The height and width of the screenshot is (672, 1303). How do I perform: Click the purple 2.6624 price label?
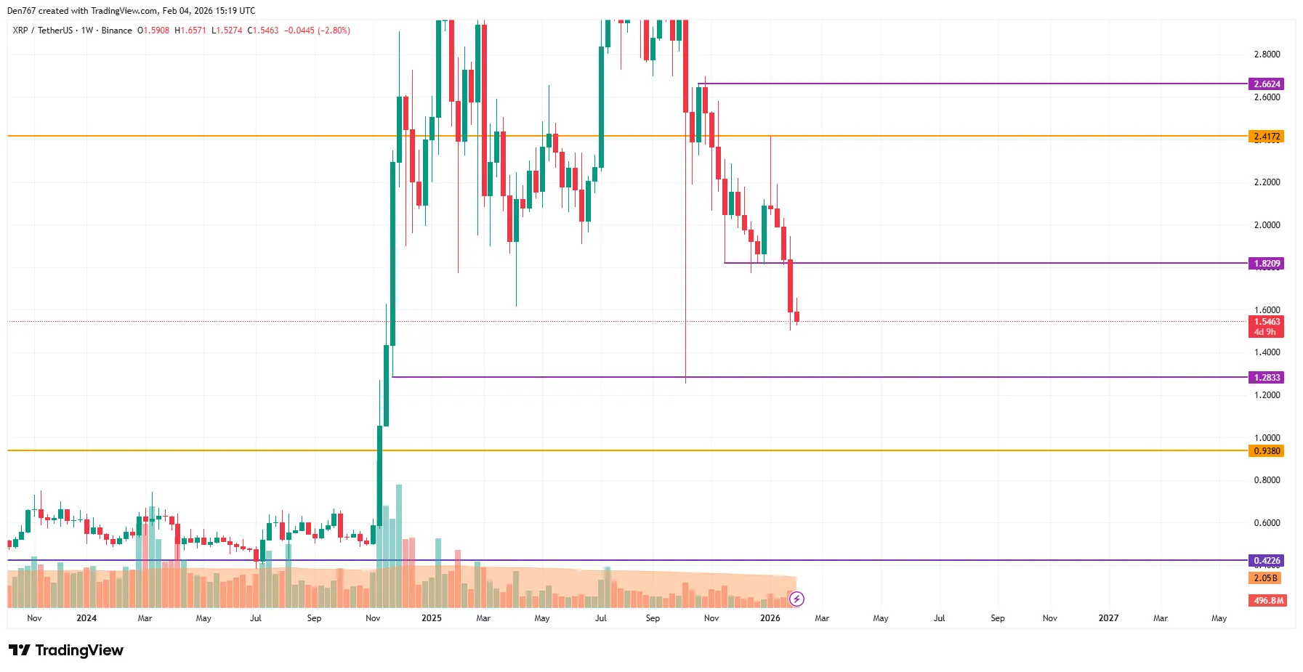coord(1267,84)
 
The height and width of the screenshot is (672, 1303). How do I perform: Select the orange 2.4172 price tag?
coord(1267,137)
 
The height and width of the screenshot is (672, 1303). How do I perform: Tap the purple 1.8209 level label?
coord(1267,264)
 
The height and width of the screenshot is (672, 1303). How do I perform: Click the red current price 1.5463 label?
coord(1267,322)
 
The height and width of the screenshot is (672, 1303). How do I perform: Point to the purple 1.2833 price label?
coord(1267,378)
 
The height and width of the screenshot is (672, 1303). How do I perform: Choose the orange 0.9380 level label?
coord(1267,451)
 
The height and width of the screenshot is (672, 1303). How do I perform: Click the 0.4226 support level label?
coord(1267,561)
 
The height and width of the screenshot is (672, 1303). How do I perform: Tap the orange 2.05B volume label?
coord(1265,578)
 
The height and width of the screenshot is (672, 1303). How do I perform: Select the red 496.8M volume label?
coord(1268,601)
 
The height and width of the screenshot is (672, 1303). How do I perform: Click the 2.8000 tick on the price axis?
coord(1267,54)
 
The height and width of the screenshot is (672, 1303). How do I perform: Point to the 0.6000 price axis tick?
coord(1267,523)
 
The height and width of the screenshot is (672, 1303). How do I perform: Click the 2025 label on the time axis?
coord(432,618)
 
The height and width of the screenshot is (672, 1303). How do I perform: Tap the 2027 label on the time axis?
coord(1108,618)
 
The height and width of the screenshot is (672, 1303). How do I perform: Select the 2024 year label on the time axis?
coord(86,618)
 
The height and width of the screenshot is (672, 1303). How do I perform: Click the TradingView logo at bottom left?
coord(66,650)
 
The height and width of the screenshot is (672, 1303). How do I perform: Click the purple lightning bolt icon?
coord(797,599)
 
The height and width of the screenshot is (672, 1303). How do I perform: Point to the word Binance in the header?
coord(116,31)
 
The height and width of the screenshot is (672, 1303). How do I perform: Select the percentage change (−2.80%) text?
coord(334,31)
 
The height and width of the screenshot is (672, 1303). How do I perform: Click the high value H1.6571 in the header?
coord(190,31)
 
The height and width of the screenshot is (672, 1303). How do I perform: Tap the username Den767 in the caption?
coord(21,11)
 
